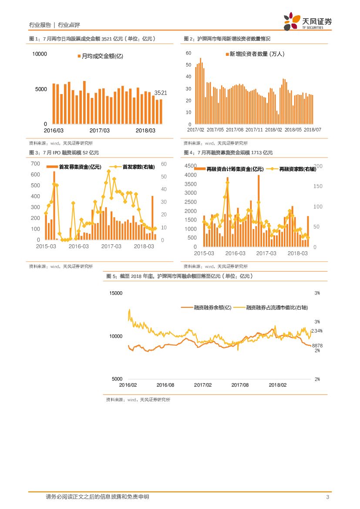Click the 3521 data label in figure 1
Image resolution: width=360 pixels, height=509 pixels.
click(161, 93)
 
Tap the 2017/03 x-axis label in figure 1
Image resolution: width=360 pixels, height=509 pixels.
click(100, 130)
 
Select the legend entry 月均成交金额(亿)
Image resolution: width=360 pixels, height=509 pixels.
click(100, 56)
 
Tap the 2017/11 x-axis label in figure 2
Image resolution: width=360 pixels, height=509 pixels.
click(254, 129)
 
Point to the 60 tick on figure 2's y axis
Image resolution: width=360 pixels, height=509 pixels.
click(188, 53)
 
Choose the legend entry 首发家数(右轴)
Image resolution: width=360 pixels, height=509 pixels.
click(135, 166)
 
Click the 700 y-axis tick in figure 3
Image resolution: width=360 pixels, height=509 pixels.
click(35, 164)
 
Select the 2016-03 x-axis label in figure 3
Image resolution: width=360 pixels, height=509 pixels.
click(79, 246)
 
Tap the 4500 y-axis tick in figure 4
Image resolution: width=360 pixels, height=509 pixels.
click(191, 166)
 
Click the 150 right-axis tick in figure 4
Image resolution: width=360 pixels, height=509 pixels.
click(318, 186)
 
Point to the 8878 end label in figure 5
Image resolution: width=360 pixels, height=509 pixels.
click(317, 345)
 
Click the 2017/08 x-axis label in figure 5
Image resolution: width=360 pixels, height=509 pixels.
click(240, 385)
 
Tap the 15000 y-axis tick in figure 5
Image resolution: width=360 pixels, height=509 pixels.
click(115, 293)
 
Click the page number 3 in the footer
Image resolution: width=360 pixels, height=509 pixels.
click(327, 497)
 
